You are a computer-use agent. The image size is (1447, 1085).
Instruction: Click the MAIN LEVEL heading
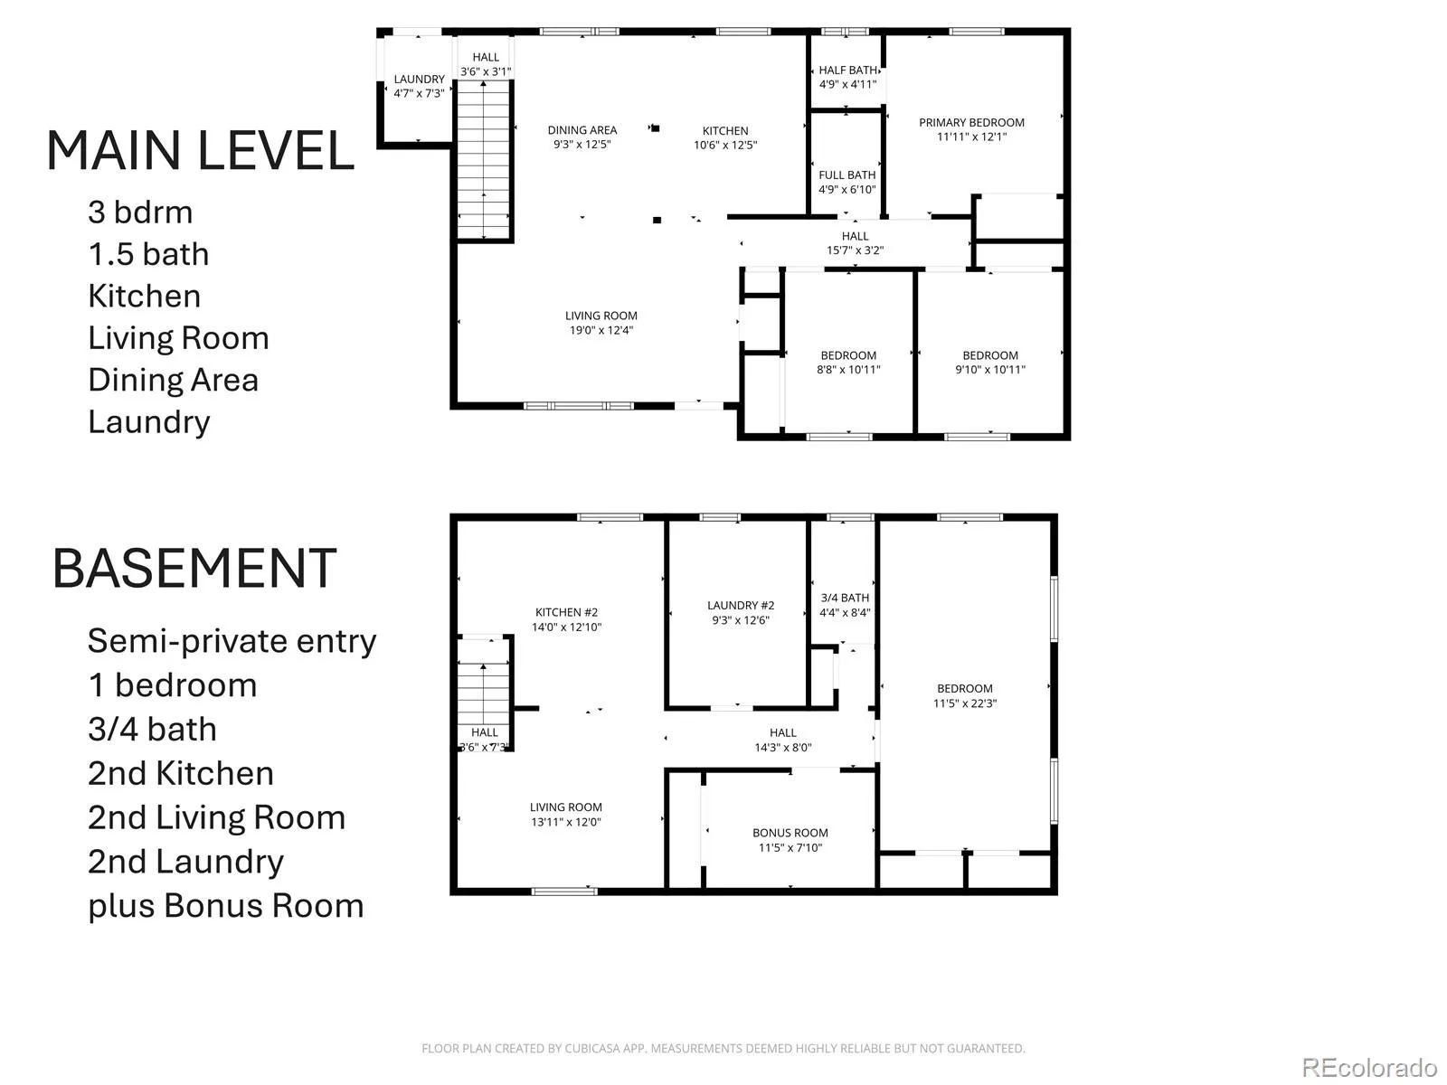201,151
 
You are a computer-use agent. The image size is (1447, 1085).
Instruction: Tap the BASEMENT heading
194,568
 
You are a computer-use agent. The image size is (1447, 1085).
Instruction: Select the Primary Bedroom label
971,123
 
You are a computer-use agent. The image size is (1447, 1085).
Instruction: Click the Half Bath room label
847,70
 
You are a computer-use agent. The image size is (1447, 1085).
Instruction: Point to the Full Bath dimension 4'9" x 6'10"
847,190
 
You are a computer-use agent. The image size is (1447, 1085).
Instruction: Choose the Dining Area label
582,130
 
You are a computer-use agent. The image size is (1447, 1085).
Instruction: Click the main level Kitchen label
725,131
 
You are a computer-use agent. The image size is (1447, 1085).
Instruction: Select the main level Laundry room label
420,79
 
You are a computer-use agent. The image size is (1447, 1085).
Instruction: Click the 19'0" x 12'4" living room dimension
601,330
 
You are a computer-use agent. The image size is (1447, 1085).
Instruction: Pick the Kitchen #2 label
566,613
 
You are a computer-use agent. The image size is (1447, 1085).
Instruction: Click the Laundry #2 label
741,606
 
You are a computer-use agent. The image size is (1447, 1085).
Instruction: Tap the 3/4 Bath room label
845,599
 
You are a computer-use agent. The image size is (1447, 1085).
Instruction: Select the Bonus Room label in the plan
790,833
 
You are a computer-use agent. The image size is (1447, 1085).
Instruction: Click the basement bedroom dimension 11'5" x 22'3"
964,703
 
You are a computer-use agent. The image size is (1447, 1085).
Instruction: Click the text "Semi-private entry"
232,641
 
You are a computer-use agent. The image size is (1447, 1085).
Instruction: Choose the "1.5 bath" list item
149,254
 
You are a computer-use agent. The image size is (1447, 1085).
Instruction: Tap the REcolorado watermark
1369,1067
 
